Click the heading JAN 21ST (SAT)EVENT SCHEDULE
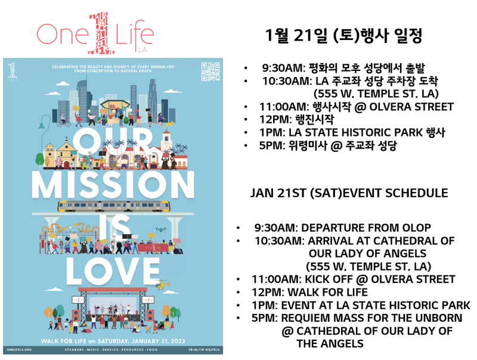click(x=348, y=193)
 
